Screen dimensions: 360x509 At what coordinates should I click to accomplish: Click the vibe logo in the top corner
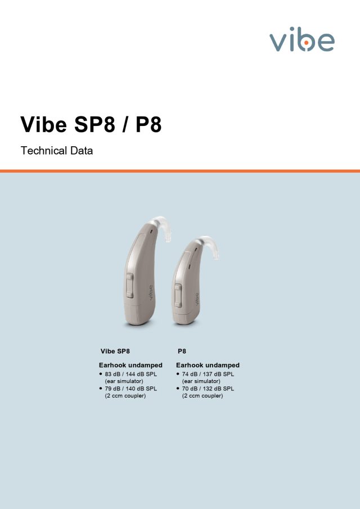[302, 39]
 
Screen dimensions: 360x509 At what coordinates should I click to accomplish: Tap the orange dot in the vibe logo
[306, 43]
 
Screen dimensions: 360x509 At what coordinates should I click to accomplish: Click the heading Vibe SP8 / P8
[91, 124]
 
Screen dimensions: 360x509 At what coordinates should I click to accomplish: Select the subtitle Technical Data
[56, 151]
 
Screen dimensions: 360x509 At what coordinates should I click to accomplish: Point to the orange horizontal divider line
[180, 171]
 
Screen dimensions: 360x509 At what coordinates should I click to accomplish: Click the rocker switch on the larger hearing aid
[130, 285]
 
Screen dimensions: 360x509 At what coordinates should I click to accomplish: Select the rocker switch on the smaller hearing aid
[178, 295]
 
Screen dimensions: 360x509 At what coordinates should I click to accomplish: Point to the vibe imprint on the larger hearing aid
[151, 293]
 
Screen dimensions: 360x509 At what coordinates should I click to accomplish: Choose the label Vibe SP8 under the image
[115, 351]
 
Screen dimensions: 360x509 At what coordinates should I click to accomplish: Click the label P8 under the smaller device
[182, 351]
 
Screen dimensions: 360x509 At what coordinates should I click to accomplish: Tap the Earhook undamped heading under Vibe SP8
[130, 365]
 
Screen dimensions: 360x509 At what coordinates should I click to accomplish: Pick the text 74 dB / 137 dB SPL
[208, 374]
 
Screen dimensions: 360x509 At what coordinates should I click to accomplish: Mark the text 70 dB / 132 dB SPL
[208, 389]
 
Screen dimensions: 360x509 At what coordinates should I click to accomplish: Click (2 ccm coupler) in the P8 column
[202, 396]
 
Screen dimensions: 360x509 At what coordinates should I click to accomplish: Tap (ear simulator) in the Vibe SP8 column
[124, 381]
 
